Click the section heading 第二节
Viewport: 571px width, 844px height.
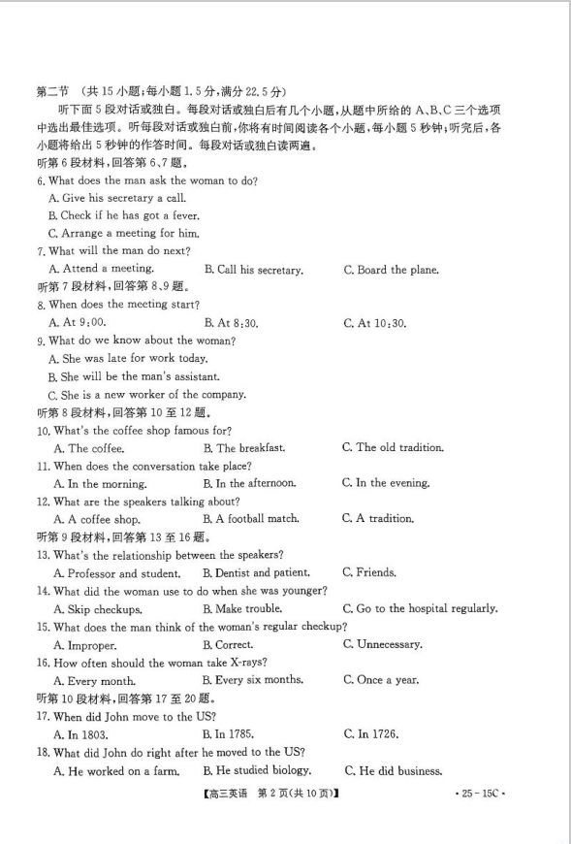click(x=53, y=90)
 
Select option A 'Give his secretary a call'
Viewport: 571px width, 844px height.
click(x=116, y=198)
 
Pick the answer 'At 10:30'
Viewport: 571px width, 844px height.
click(x=374, y=323)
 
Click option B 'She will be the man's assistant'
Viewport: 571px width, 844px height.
click(x=134, y=376)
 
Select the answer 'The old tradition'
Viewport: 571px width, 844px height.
click(x=393, y=447)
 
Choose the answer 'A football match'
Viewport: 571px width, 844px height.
click(x=251, y=519)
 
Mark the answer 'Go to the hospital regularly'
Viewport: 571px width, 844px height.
click(x=420, y=608)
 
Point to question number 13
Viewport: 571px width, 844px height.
click(x=43, y=555)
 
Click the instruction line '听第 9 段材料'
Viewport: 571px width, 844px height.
click(x=78, y=537)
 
